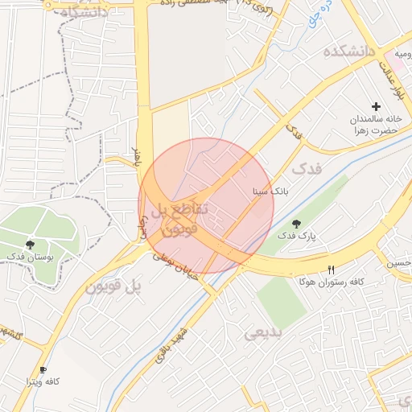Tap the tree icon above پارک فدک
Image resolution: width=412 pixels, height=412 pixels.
click(297, 224)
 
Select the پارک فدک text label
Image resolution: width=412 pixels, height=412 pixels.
click(297, 236)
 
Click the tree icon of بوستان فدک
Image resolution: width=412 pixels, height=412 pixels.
click(31, 243)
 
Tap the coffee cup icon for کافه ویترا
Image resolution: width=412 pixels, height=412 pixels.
click(43, 369)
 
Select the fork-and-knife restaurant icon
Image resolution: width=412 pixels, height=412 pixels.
click(331, 270)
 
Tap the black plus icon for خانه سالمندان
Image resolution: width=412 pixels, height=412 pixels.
click(375, 106)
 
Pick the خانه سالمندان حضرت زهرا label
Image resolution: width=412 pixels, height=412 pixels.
click(375, 124)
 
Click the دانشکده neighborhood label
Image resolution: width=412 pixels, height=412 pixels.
click(350, 51)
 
